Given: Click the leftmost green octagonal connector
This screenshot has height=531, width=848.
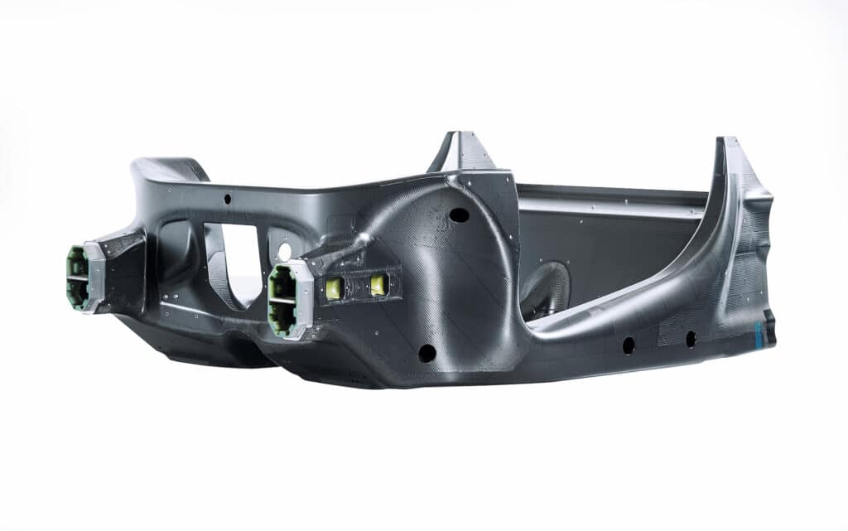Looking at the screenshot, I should [77, 277].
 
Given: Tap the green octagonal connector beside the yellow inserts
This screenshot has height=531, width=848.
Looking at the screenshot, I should [282, 300].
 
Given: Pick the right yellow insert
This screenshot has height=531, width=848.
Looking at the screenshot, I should [378, 285].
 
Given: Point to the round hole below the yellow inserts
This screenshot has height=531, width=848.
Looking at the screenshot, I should [427, 353].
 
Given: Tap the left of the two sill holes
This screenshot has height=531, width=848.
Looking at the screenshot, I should [629, 345].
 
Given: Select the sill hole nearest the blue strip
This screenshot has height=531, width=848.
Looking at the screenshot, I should [691, 339].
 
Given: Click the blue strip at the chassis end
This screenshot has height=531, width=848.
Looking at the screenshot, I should [758, 334].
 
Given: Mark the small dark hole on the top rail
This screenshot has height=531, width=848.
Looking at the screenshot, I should [227, 199].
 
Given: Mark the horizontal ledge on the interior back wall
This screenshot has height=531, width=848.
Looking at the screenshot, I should [613, 200].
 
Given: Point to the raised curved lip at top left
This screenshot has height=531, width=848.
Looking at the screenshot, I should [171, 169].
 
